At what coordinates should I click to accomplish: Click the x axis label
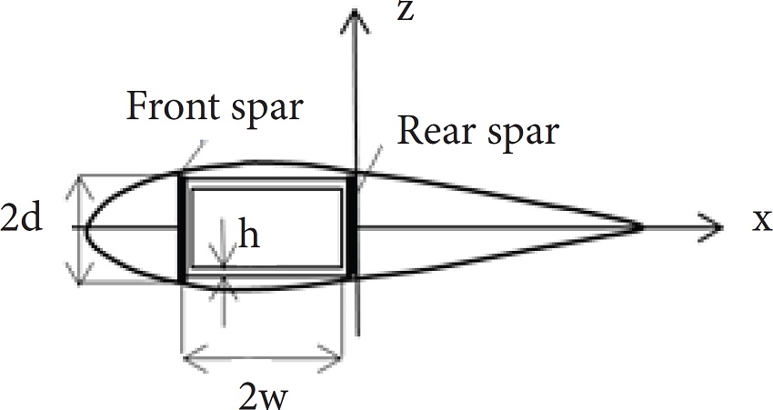[761, 221]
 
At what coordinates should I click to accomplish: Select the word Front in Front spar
[166, 107]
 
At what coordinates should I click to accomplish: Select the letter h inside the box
[246, 235]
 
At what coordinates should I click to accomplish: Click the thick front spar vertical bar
[184, 227]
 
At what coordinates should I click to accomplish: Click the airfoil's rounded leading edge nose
[85, 225]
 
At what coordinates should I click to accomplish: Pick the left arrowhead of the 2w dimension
[190, 358]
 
